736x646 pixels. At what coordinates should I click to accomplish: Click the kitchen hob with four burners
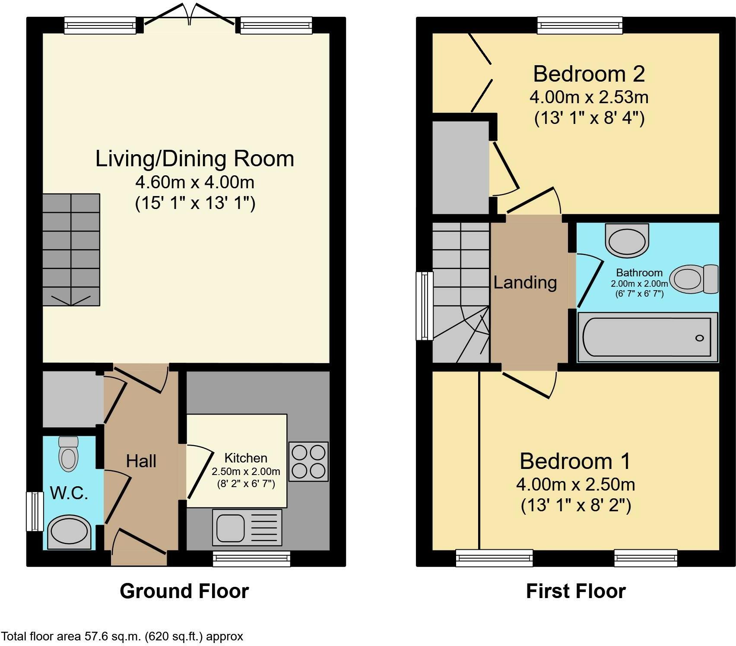(308, 462)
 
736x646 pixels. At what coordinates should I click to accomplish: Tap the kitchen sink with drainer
(247, 527)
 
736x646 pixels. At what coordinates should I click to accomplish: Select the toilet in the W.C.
(68, 454)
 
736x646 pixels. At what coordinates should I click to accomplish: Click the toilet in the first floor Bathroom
(694, 279)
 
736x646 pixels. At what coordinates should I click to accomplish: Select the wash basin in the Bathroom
(627, 240)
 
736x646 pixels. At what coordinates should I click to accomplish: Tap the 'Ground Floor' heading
(184, 591)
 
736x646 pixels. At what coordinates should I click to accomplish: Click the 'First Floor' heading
(576, 591)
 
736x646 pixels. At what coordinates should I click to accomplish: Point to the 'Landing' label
(525, 283)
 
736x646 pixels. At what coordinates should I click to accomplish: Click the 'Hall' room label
(141, 461)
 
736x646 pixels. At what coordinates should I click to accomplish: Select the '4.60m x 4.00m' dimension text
(195, 182)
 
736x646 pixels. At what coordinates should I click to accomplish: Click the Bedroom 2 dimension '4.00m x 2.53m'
(589, 97)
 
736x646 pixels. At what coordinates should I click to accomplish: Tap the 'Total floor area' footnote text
(122, 636)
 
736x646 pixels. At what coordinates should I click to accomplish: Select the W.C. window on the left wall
(35, 511)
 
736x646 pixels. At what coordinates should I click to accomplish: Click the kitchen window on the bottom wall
(251, 559)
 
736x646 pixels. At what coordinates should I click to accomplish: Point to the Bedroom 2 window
(580, 25)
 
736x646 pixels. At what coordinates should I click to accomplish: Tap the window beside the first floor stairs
(425, 306)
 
